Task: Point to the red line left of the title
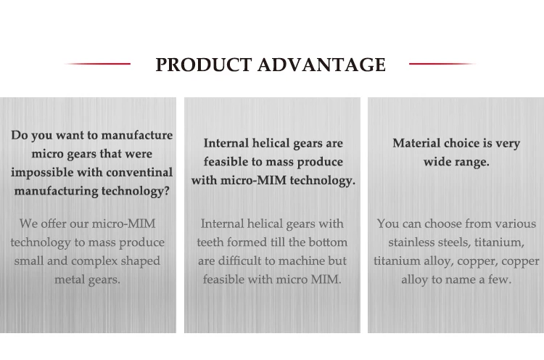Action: pyautogui.click(x=97, y=64)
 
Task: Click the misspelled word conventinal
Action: pyautogui.click(x=139, y=173)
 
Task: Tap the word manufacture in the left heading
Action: pyautogui.click(x=137, y=135)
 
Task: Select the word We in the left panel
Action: pyautogui.click(x=29, y=224)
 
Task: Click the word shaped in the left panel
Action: pyautogui.click(x=143, y=261)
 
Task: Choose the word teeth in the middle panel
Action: pyautogui.click(x=210, y=242)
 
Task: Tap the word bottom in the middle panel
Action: pyautogui.click(x=328, y=242)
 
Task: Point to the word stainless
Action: pyautogui.click(x=412, y=242)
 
